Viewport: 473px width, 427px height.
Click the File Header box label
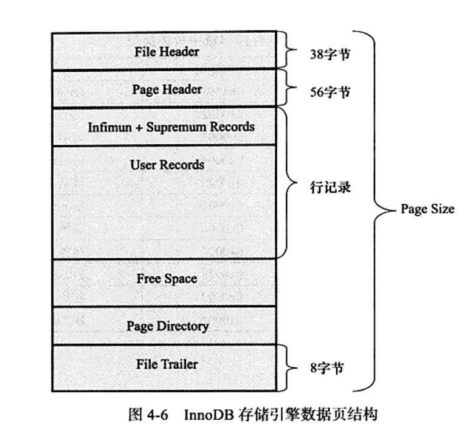click(167, 51)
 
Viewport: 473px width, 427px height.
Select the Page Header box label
click(167, 89)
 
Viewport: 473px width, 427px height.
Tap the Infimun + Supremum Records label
click(171, 127)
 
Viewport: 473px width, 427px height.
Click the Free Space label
click(167, 279)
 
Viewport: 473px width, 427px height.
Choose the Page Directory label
click(167, 327)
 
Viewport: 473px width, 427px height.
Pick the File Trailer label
click(167, 364)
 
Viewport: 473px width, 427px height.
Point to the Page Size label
click(427, 209)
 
